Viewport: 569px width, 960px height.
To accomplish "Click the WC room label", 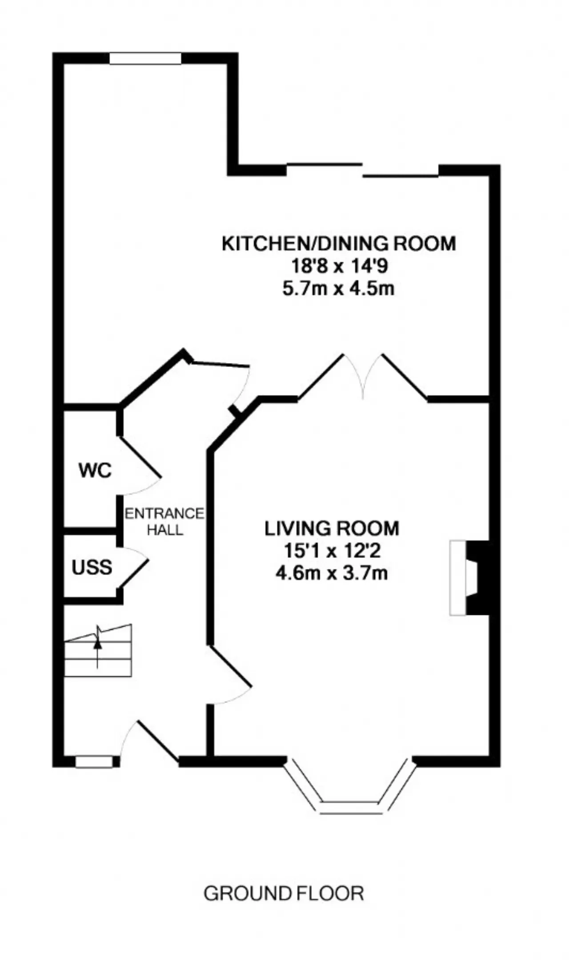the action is coord(95,471).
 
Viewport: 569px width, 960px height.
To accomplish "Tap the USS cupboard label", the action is coord(92,568).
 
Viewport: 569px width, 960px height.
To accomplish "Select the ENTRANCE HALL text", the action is coord(164,522).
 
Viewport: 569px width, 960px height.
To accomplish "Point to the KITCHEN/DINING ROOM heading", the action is coord(339,244).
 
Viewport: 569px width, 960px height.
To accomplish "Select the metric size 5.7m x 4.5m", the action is coord(339,289).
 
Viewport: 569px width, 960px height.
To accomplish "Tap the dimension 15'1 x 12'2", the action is coord(332,551).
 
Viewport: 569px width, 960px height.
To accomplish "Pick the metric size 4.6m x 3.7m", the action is coord(332,573).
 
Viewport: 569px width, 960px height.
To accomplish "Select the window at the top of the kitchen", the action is coord(145,59).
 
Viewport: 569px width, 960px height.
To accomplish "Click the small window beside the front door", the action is coord(94,761).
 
